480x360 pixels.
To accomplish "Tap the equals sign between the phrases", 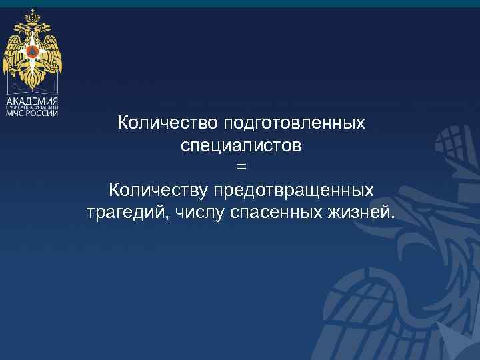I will point(241,167).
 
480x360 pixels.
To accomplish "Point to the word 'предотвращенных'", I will point(293,190).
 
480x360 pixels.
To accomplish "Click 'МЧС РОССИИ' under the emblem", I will point(32,113).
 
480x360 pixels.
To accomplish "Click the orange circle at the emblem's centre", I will point(32,51).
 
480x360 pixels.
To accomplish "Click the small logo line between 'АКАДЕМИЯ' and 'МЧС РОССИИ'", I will point(32,106).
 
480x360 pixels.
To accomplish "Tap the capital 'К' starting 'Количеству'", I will point(115,190).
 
